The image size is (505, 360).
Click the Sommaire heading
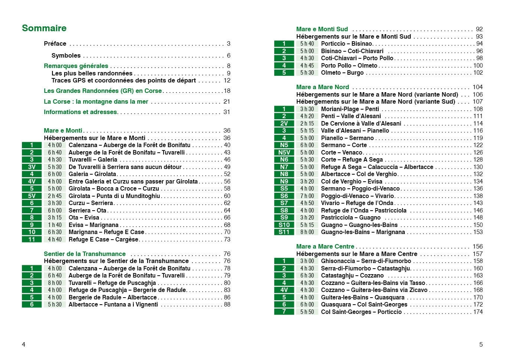tap(44, 28)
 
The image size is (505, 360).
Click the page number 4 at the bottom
tap(24, 344)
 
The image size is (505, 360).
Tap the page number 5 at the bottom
tap(481, 344)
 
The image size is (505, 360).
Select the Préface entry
tap(55, 43)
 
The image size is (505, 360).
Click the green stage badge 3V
tap(32, 167)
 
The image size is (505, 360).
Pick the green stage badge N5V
tap(284, 152)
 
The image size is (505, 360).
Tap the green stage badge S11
tap(284, 232)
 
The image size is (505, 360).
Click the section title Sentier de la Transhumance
tap(85, 254)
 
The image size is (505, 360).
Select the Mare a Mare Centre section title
tap(325, 246)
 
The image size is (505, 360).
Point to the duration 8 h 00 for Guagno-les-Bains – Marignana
tap(307, 232)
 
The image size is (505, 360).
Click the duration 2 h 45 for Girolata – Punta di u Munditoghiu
tap(55, 196)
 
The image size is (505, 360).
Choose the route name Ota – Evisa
tap(84, 218)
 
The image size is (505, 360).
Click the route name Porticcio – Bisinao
tap(346, 44)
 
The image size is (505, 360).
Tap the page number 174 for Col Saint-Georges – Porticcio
tap(478, 312)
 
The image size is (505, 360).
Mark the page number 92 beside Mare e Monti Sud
tap(479, 29)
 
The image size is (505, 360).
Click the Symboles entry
tap(66, 55)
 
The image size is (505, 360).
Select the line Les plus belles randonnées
tap(92, 73)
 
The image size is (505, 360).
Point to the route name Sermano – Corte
tap(344, 145)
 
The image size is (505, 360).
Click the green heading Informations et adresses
tap(81, 112)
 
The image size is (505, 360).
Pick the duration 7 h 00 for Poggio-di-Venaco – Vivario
tap(307, 196)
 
